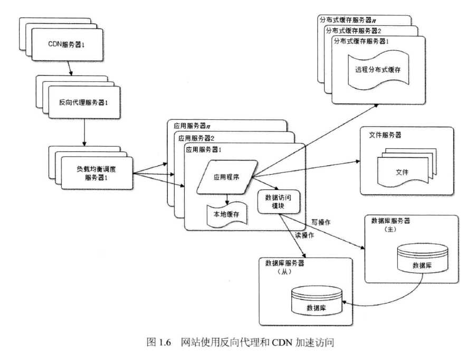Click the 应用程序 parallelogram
(x=226, y=177)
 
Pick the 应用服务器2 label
(x=196, y=138)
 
